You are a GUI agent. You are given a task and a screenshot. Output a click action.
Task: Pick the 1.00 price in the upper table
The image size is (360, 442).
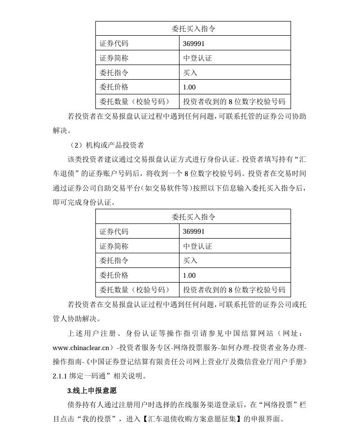(189, 87)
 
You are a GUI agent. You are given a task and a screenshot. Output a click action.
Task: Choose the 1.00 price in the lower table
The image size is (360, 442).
(189, 275)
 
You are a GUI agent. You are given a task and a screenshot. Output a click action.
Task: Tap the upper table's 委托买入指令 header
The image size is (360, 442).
(193, 28)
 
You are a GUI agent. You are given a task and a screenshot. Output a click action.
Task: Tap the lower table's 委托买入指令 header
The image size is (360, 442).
(193, 217)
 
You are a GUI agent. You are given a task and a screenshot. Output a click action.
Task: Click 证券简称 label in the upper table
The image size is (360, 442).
(114, 58)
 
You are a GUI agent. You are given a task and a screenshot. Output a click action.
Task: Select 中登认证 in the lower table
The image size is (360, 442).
(198, 246)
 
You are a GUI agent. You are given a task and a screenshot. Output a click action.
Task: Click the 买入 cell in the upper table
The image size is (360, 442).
(190, 72)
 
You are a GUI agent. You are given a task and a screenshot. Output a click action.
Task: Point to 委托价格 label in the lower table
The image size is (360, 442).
(114, 275)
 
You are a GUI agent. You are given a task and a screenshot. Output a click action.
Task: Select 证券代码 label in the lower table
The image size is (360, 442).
(114, 231)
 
